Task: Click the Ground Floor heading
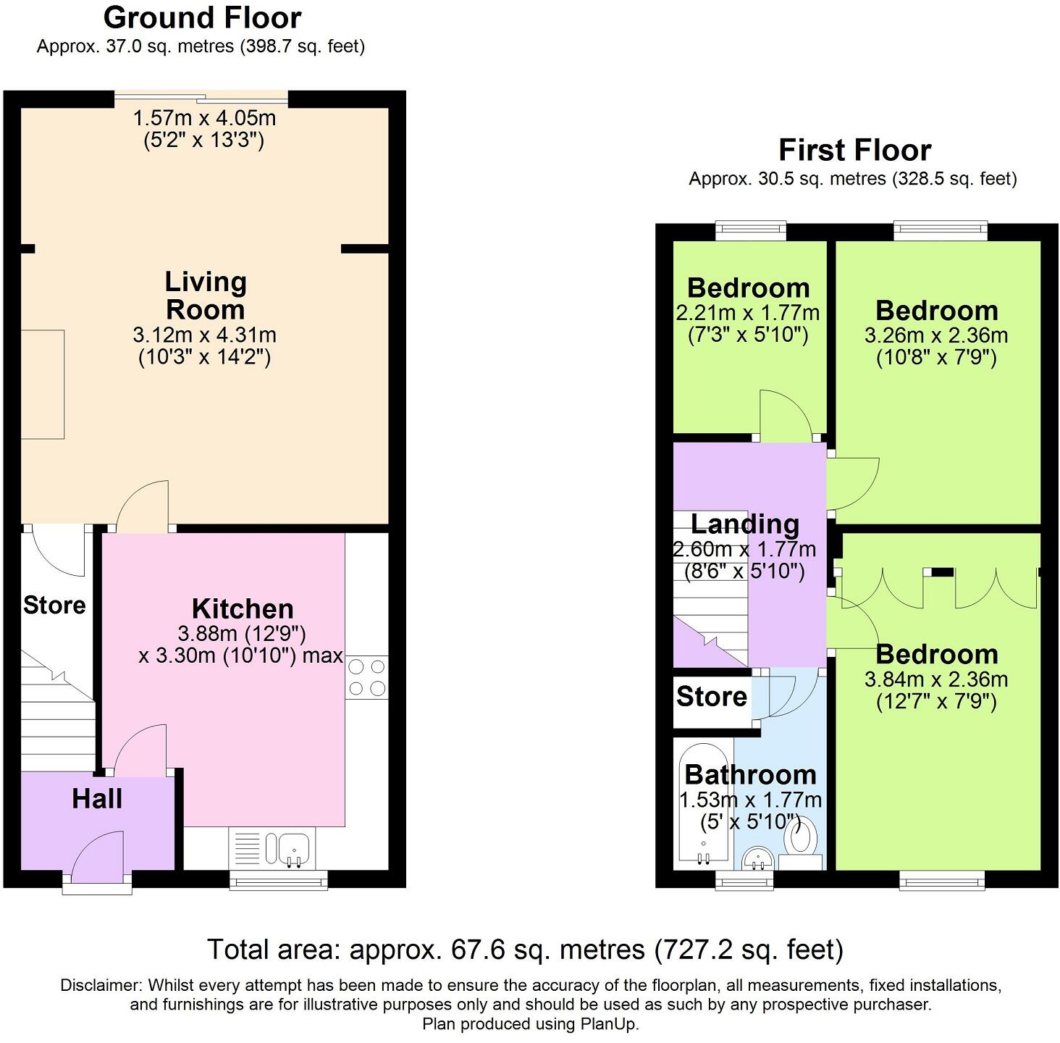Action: click(202, 17)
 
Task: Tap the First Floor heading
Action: click(854, 150)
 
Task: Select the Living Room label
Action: click(206, 296)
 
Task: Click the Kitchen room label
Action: click(243, 608)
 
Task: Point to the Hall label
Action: click(97, 799)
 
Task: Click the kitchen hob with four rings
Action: click(367, 677)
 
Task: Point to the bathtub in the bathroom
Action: click(703, 804)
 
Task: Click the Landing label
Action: click(745, 524)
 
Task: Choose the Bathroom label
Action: click(750, 774)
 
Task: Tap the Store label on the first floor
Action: click(711, 696)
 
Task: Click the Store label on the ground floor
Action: click(54, 605)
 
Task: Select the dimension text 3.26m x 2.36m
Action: click(936, 335)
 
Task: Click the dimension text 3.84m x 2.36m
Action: click(936, 679)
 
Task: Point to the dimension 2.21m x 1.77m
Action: click(747, 313)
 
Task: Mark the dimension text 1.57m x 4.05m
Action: click(204, 117)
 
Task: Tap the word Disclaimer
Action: click(101, 985)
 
